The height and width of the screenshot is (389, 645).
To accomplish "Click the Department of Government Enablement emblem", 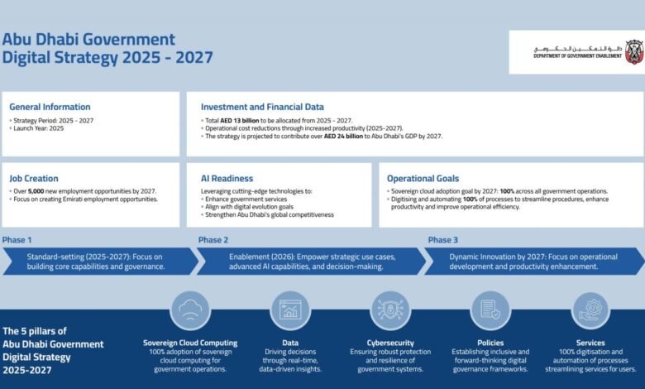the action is pyautogui.click(x=634, y=52).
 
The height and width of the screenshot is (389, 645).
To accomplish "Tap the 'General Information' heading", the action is pyautogui.click(x=50, y=107).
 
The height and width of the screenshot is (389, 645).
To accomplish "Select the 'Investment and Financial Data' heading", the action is pyautogui.click(x=262, y=107).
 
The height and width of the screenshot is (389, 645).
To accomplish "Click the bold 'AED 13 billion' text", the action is pyautogui.click(x=240, y=121).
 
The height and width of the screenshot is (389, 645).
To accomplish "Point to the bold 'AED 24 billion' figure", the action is pyautogui.click(x=343, y=137).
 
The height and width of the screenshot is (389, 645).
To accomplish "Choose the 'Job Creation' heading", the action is pyautogui.click(x=34, y=179).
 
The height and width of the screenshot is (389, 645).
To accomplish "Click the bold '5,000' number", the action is pyautogui.click(x=36, y=191).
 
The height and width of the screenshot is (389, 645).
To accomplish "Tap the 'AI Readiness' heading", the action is pyautogui.click(x=227, y=179).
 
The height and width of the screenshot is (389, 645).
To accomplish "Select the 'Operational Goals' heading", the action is pyautogui.click(x=423, y=179).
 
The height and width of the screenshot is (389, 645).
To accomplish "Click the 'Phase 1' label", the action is pyautogui.click(x=17, y=240).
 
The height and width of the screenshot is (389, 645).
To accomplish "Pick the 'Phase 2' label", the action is pyautogui.click(x=213, y=240).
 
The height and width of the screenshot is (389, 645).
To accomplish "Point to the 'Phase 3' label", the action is pyautogui.click(x=443, y=240).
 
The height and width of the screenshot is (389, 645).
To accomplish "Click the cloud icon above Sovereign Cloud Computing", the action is pyautogui.click(x=190, y=310).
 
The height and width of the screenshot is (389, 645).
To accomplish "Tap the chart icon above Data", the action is pyautogui.click(x=290, y=310).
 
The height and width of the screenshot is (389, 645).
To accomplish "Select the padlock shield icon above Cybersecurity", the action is pyautogui.click(x=390, y=310).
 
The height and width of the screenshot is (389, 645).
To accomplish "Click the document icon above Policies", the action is pyautogui.click(x=490, y=310).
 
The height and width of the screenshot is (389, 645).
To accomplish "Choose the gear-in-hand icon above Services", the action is pyautogui.click(x=590, y=310).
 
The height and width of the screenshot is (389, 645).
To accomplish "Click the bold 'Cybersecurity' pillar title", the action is pyautogui.click(x=390, y=343).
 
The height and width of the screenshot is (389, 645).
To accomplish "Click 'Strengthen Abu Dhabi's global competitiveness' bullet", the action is pyautogui.click(x=267, y=215).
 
